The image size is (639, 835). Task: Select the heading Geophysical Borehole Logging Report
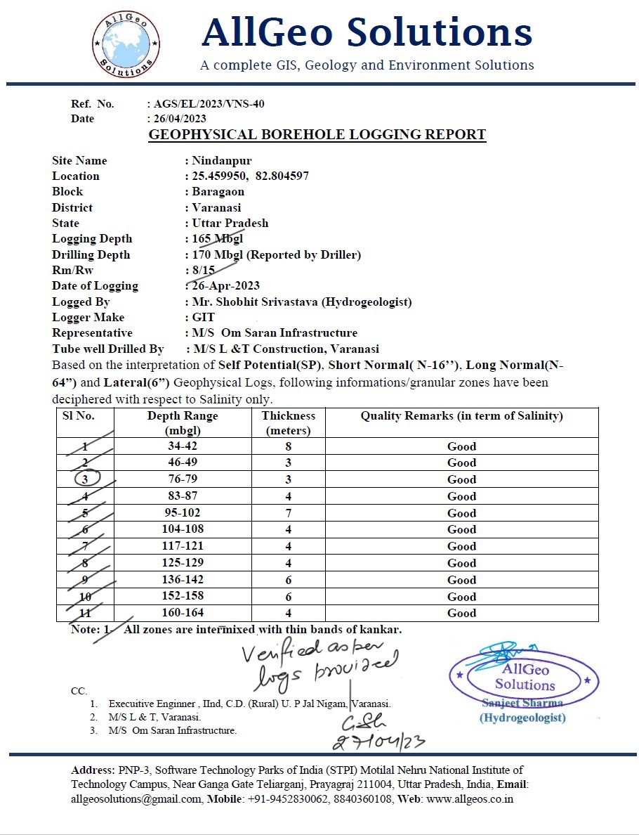click(x=317, y=134)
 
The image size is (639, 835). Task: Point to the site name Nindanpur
click(x=222, y=160)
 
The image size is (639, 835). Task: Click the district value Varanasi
click(x=217, y=207)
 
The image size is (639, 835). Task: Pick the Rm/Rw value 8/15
click(x=204, y=270)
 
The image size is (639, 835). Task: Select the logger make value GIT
click(x=204, y=317)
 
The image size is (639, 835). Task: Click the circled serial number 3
click(x=86, y=479)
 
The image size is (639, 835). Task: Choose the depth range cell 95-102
click(x=183, y=512)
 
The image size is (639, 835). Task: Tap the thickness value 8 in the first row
click(x=288, y=446)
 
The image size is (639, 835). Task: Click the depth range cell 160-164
click(x=183, y=613)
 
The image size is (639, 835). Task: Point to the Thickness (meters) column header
click(x=289, y=422)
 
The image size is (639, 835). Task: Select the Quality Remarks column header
click(x=461, y=416)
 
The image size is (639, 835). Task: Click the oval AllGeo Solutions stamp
click(x=524, y=677)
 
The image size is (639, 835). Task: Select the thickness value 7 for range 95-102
click(x=288, y=512)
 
